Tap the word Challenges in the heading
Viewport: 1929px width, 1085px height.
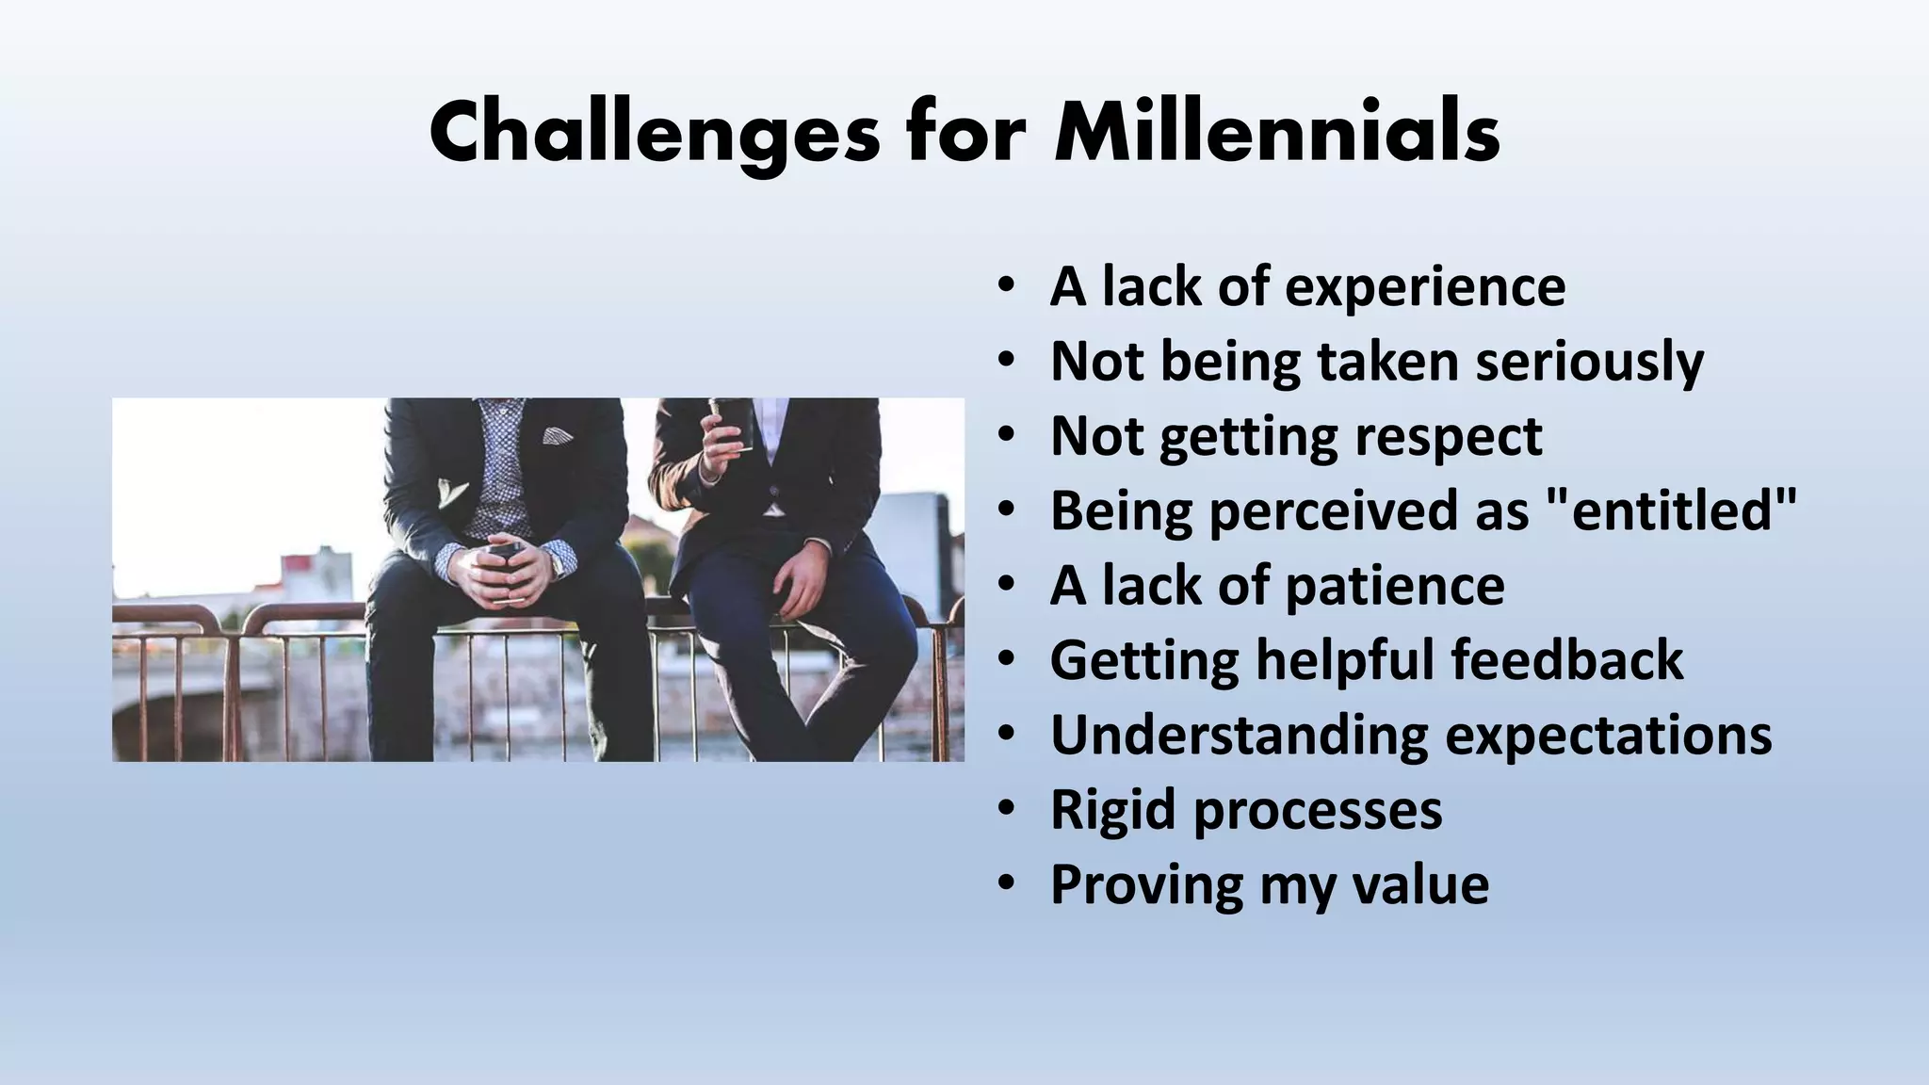(655, 134)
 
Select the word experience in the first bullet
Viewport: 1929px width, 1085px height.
(1425, 286)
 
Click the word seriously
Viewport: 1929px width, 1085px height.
(1589, 362)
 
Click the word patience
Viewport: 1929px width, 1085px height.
(1394, 586)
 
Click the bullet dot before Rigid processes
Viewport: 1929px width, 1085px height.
(1007, 809)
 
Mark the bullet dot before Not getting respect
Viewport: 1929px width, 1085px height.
(1007, 436)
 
